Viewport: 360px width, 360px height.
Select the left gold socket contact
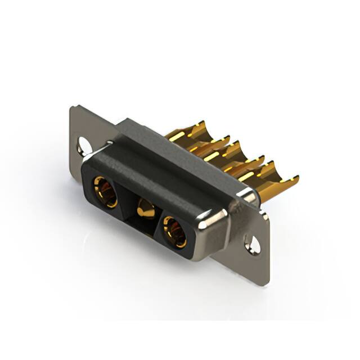click(105, 192)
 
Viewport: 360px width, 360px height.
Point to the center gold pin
click(147, 209)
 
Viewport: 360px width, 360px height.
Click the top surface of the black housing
click(169, 163)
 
